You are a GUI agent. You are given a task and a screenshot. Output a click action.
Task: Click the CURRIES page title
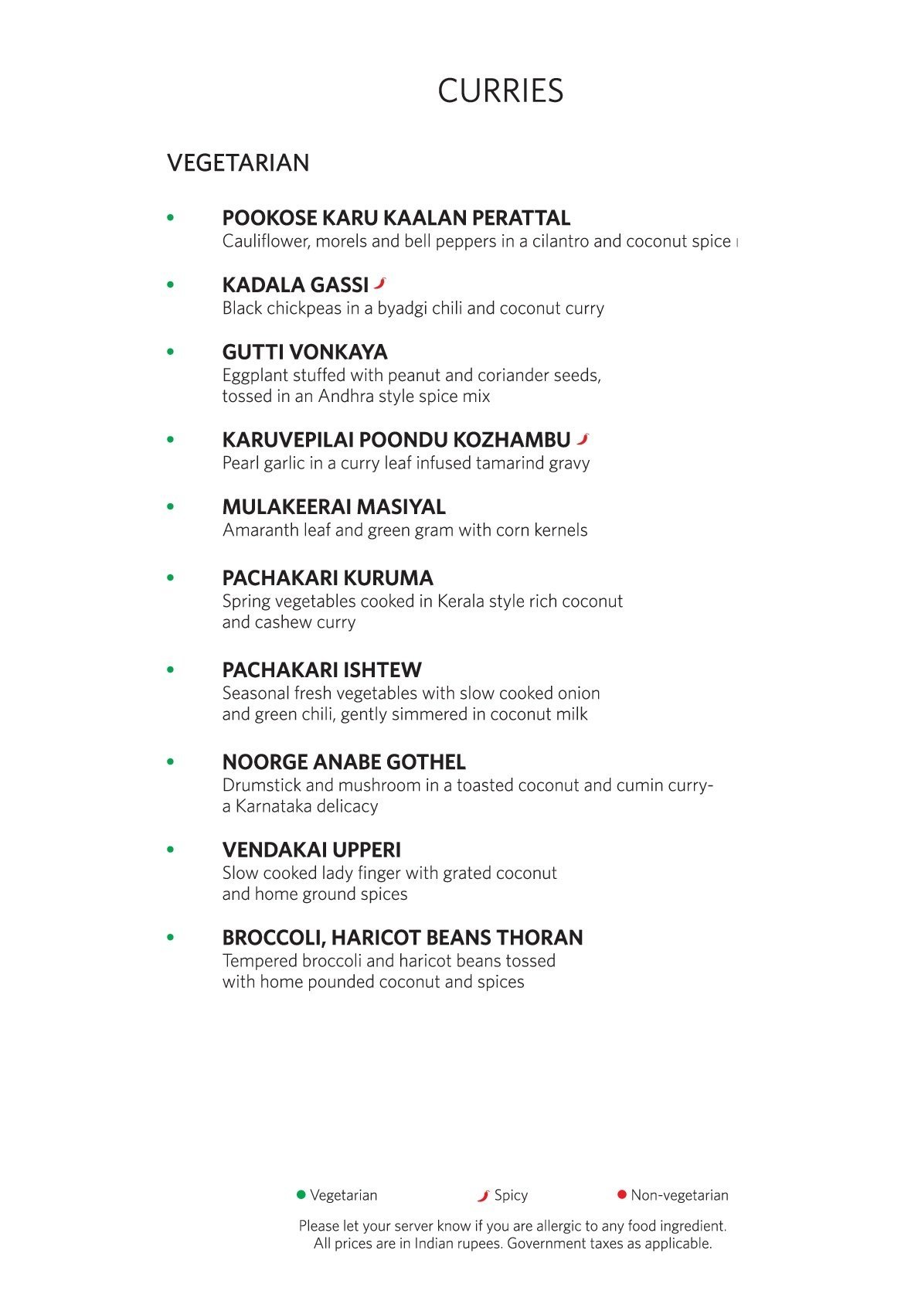pos(500,91)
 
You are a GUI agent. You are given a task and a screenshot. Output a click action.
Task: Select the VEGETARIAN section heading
pos(238,163)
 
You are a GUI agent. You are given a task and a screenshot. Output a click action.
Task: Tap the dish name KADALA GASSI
pos(295,285)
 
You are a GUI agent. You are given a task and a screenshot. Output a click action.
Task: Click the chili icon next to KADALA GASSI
pos(379,283)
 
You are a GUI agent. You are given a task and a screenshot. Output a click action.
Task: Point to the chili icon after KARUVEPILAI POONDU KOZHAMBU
pos(583,438)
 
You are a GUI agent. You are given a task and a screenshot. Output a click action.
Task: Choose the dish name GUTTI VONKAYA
pos(304,353)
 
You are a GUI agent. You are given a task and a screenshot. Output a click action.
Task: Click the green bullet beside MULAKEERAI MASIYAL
pos(171,507)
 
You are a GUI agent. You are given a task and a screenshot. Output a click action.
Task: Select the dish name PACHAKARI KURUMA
pos(328,578)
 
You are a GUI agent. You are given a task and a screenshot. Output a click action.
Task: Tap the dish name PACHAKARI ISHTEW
pos(321,670)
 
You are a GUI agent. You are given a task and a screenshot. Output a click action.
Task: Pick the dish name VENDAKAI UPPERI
pos(311,850)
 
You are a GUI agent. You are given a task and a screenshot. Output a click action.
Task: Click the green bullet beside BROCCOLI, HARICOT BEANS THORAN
pos(171,938)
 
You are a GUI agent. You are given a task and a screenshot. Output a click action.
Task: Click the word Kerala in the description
pos(461,601)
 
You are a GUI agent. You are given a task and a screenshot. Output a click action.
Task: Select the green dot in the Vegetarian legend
pos(301,1194)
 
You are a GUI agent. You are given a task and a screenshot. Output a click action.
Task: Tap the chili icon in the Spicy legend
pos(484,1195)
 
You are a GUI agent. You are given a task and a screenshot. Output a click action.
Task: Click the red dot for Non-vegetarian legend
pos(621,1194)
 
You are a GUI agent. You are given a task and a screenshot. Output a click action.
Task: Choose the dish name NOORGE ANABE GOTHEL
pos(344,762)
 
